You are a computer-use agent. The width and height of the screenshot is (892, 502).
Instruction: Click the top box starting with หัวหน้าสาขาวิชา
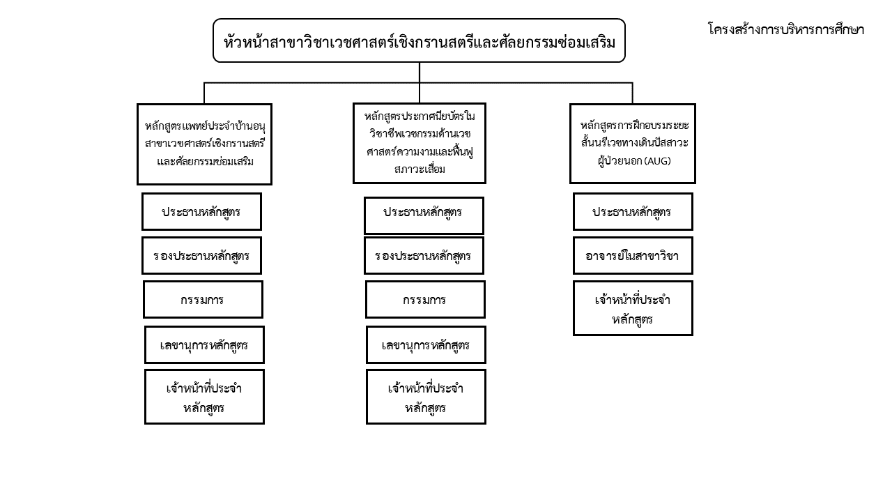(419, 40)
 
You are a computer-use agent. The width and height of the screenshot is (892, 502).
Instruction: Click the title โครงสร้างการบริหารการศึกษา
(786, 30)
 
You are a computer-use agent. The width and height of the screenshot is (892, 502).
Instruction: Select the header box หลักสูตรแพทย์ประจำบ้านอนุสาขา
(204, 144)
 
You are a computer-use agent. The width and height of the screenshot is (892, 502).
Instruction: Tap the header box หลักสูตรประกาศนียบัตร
(420, 143)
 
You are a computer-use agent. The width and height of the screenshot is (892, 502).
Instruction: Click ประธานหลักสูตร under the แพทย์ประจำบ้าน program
(201, 211)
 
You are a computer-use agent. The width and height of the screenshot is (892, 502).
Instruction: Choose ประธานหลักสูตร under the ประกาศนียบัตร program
(424, 215)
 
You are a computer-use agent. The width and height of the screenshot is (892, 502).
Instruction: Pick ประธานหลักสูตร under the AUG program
(633, 211)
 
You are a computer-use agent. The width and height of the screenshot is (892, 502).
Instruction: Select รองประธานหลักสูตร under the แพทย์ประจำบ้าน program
(201, 255)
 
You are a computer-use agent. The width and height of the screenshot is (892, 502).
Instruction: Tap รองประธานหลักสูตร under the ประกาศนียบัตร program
(424, 255)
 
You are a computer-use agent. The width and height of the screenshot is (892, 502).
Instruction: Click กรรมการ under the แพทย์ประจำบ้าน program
(203, 299)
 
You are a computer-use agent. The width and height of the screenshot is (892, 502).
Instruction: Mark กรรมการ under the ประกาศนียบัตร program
(425, 299)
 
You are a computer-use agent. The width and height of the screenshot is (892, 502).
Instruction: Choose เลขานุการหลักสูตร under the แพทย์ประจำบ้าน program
(204, 344)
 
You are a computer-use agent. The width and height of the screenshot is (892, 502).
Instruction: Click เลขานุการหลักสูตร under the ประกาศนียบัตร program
(426, 344)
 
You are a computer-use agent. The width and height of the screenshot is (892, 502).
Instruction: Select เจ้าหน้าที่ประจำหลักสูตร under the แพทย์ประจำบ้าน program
(204, 397)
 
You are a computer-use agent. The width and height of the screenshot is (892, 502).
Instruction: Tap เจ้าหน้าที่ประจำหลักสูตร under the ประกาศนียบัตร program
(426, 397)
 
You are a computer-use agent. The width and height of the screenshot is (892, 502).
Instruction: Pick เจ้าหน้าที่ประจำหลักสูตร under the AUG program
(633, 308)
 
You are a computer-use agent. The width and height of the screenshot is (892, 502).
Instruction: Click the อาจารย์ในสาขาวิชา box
(633, 255)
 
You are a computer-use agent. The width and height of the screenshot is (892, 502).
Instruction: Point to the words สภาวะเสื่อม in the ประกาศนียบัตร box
(420, 169)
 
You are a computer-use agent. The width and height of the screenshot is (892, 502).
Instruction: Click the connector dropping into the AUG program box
(632, 93)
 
